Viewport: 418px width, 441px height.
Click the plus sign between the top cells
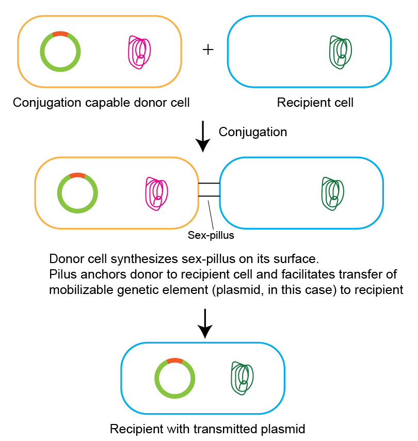tap(207, 50)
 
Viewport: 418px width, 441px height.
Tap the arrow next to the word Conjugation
tap(203, 136)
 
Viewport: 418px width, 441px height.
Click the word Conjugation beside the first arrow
tap(252, 132)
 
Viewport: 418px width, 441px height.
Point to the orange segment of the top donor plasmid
tap(60, 34)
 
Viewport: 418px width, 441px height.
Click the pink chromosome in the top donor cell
tap(139, 52)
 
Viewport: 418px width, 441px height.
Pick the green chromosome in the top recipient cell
tap(340, 52)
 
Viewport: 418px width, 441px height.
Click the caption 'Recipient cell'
tap(315, 103)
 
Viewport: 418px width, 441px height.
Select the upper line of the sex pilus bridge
tap(209, 184)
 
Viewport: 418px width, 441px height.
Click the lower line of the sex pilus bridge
tap(209, 196)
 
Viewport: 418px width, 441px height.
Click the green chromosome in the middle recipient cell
tap(332, 194)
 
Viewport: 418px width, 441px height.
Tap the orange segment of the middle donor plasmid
tap(77, 175)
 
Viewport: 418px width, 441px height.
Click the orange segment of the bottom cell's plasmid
tap(174, 361)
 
